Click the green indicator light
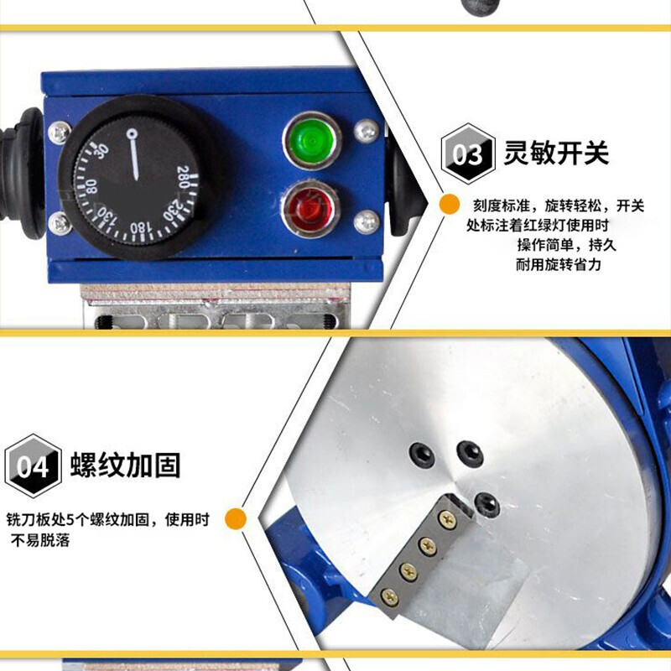(311, 140)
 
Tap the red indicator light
(310, 209)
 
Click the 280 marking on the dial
(184, 177)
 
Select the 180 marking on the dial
(140, 227)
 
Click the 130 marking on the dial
(107, 216)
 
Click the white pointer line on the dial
(134, 154)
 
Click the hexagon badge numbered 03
(468, 153)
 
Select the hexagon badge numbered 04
(33, 466)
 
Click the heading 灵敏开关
(556, 153)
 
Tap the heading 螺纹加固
(125, 465)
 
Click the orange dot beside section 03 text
(450, 204)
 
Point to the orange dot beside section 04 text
(236, 518)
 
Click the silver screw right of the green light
(367, 131)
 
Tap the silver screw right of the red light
(367, 222)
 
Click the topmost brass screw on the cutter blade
(447, 520)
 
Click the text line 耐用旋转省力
(558, 264)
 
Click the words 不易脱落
(40, 540)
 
